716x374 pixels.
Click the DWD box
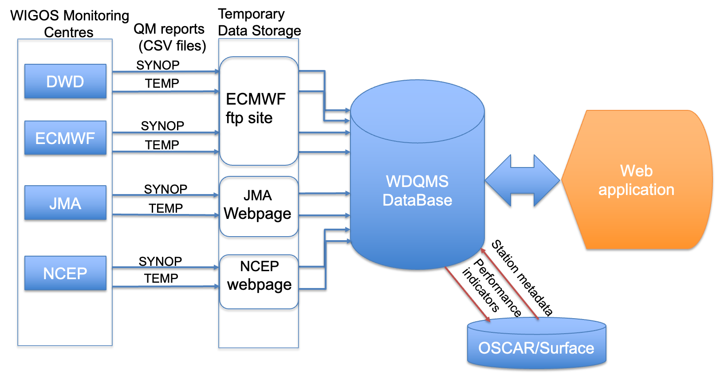pos(65,81)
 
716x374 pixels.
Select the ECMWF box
pos(65,138)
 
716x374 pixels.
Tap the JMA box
pos(65,203)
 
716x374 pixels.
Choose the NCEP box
pos(65,273)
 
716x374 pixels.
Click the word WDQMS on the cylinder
pos(417,181)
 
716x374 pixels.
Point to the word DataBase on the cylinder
pos(417,200)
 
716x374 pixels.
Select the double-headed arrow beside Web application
pos(523,180)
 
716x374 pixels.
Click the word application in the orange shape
pos(636,190)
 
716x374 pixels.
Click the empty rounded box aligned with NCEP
pos(259,282)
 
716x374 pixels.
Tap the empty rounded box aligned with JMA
pos(259,206)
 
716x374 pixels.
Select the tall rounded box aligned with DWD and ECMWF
pos(259,111)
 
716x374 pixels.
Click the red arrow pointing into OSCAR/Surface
pos(466,293)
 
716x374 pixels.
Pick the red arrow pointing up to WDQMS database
pos(510,284)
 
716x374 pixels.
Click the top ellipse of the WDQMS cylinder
pos(417,111)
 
